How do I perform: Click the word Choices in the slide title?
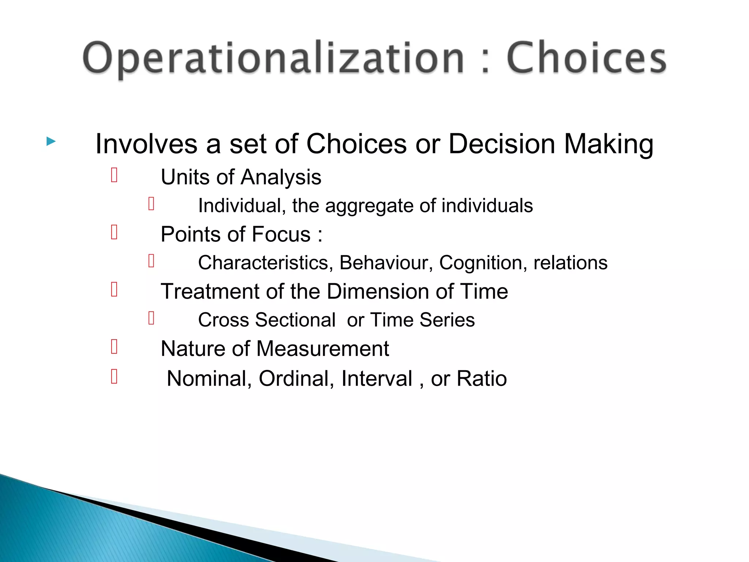pos(586,59)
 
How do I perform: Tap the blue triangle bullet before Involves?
pos(51,142)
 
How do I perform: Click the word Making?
pos(609,145)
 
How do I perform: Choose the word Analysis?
pos(281,177)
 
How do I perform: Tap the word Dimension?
pos(378,292)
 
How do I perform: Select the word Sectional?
pos(295,320)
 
